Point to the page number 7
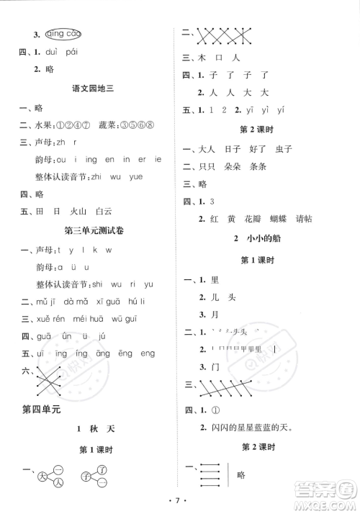(180, 499)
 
